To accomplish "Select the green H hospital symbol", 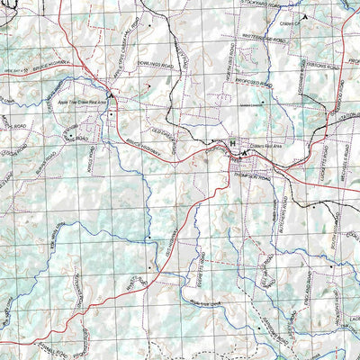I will [232, 143].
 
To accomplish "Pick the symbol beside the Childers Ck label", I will [306, 16].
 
